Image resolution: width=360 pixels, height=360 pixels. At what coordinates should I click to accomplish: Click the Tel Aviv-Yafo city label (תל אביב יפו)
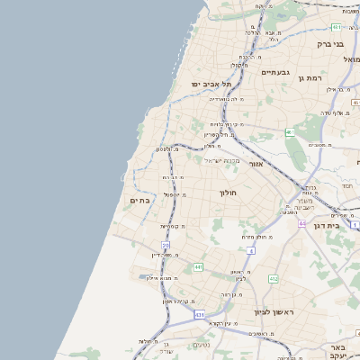[x=211, y=84]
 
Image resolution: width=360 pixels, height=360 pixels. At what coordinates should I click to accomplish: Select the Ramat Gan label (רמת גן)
[x=309, y=78]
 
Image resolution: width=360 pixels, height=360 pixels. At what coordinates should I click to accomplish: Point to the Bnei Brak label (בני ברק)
[x=331, y=43]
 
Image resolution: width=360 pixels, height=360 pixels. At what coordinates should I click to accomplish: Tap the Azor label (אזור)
[x=254, y=164]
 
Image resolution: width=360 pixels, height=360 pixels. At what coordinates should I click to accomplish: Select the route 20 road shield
[x=166, y=245]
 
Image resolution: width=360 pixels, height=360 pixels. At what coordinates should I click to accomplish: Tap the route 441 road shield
[x=198, y=266]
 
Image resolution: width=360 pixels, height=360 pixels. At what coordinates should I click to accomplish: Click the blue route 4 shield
[x=251, y=250]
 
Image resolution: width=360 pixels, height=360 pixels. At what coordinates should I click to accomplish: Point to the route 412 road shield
[x=274, y=279]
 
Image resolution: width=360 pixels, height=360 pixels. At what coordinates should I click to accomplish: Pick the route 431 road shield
[x=199, y=315]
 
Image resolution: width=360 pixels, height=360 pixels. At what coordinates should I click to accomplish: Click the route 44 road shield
[x=302, y=223]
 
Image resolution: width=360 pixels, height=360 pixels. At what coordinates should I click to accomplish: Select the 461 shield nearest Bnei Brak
[x=334, y=27]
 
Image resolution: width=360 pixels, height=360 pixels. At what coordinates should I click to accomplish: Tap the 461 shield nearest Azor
[x=290, y=132]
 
